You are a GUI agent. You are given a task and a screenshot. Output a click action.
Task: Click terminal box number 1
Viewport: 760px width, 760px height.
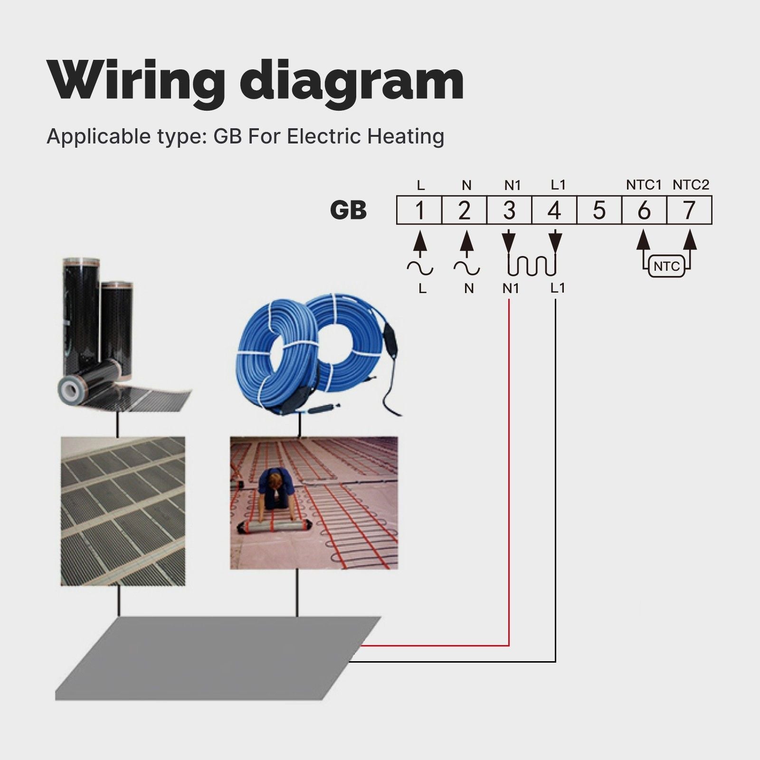pyautogui.click(x=419, y=210)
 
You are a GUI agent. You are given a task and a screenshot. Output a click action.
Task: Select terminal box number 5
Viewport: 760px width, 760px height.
pyautogui.click(x=599, y=210)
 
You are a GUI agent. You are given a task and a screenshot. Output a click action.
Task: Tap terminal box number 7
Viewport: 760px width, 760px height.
pyautogui.click(x=689, y=210)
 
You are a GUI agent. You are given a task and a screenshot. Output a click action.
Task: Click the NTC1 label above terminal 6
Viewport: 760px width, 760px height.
pyautogui.click(x=644, y=185)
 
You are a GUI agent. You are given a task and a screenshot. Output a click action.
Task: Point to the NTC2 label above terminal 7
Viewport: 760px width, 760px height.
pyautogui.click(x=691, y=185)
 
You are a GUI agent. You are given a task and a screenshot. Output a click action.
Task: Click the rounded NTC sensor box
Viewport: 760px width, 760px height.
pyautogui.click(x=666, y=266)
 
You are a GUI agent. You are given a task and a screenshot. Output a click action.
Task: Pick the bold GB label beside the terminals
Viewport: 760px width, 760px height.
pyautogui.click(x=348, y=210)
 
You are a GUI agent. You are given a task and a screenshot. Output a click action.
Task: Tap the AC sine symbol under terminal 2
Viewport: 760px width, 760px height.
pyautogui.click(x=466, y=269)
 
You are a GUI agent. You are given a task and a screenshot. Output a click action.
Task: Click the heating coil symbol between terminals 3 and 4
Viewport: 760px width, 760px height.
pyautogui.click(x=532, y=266)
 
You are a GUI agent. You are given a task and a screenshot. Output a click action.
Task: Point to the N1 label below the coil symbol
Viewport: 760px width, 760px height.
pyautogui.click(x=511, y=288)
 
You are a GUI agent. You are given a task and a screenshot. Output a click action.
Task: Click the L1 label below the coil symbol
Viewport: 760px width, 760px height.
pyautogui.click(x=558, y=288)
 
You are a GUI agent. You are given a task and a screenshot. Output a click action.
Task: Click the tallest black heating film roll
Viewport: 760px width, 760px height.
pyautogui.click(x=80, y=323)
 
